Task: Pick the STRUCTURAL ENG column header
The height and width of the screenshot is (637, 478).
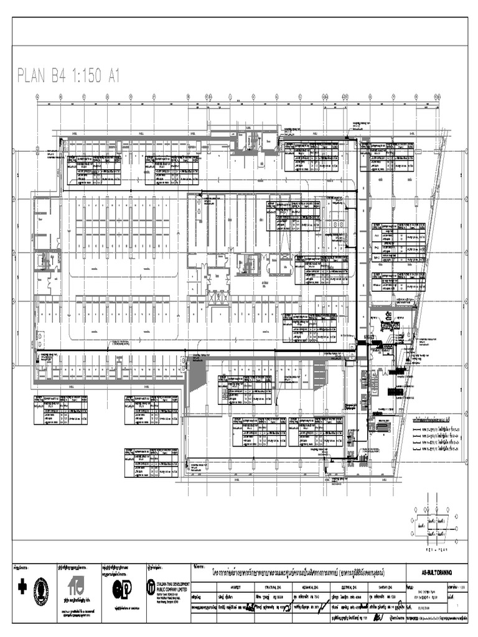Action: click(281, 585)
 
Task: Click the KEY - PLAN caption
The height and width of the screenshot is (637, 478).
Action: click(437, 550)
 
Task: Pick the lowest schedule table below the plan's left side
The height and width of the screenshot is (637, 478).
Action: click(151, 463)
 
